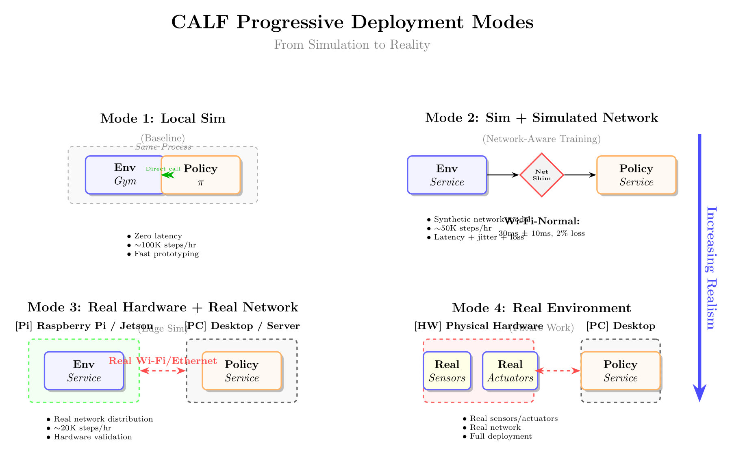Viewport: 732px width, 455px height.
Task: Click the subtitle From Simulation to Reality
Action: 352,45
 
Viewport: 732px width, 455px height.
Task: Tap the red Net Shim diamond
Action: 541,175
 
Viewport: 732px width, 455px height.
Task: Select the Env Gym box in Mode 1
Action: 122,175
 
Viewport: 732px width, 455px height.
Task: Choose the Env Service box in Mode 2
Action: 447,175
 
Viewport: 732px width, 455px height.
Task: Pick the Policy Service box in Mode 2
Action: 636,175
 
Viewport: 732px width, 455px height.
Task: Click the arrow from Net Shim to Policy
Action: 580,175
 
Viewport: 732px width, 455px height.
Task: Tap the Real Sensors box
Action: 447,371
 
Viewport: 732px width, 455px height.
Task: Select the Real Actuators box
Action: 510,371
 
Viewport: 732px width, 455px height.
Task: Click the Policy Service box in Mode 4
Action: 621,371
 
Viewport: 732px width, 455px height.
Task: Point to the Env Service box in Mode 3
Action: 84,371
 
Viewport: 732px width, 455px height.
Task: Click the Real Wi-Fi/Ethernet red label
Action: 163,361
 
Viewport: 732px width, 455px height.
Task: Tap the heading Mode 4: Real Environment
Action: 541,308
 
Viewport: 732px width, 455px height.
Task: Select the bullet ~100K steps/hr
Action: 165,245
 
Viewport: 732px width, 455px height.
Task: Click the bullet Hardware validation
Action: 92,437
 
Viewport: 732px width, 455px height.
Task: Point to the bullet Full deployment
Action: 500,436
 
